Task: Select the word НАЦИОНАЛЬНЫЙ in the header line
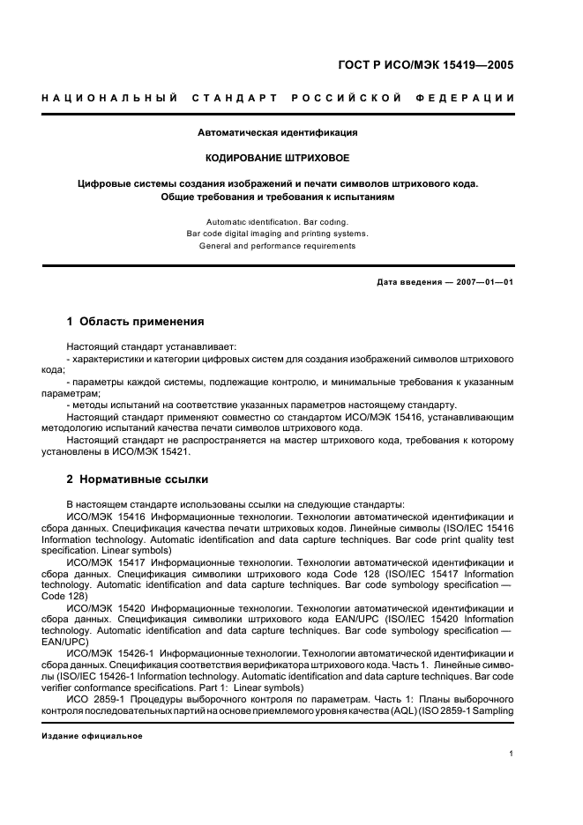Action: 109,96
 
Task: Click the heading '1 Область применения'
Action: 136,322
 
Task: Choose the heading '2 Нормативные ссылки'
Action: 138,479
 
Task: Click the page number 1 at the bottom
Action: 512,754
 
